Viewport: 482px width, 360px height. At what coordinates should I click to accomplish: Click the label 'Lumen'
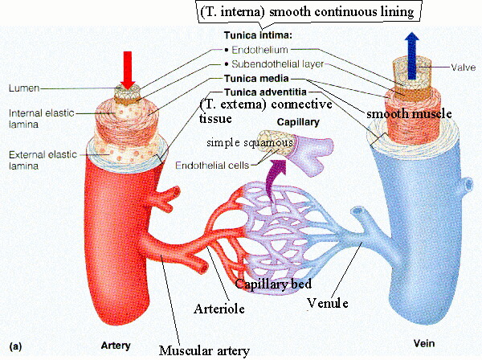click(23, 86)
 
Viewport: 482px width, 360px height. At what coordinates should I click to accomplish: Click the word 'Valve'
click(460, 68)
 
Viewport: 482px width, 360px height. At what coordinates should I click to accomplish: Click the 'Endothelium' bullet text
click(257, 50)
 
